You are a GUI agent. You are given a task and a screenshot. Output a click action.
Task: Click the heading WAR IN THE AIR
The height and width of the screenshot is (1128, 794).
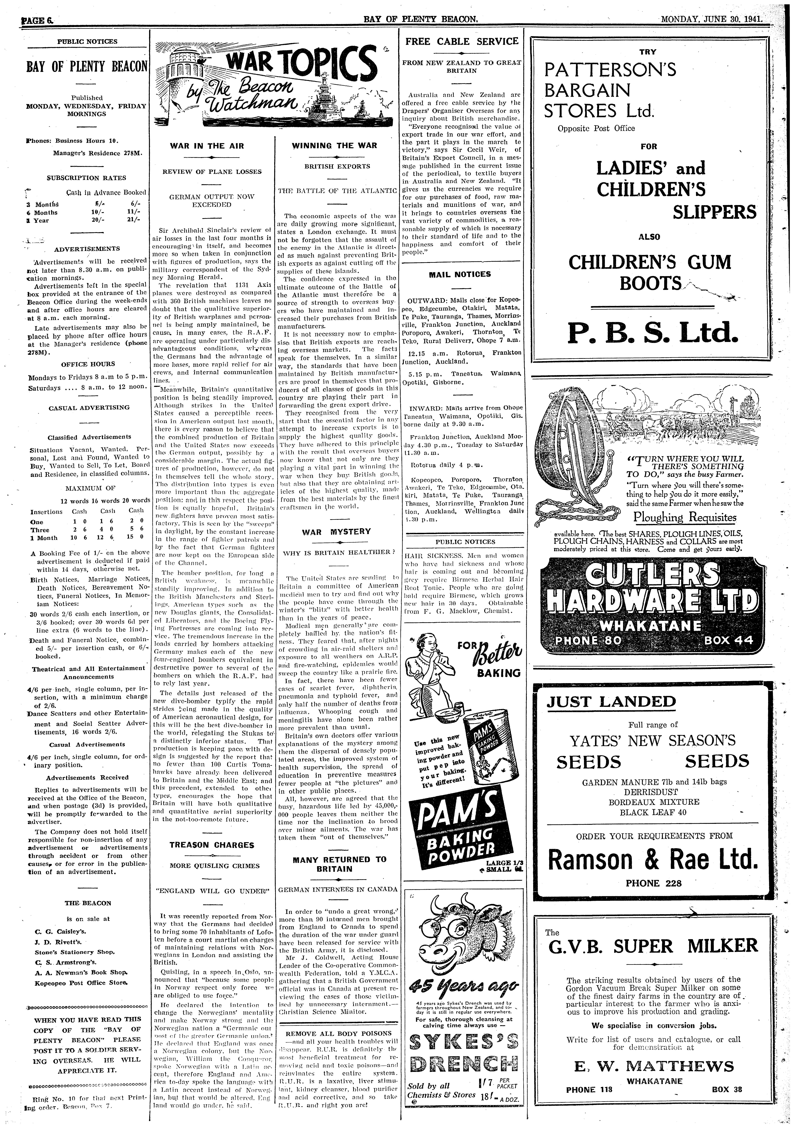(207, 146)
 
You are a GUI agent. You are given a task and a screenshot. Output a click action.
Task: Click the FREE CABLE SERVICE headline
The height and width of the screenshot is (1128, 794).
(462, 41)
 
